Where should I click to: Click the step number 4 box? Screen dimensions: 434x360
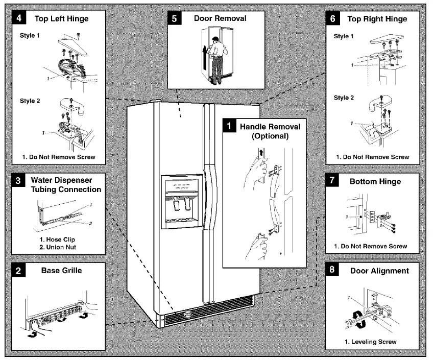click(x=19, y=18)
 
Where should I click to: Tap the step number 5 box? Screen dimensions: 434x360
click(x=175, y=18)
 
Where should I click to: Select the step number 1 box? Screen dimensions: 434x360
click(x=229, y=126)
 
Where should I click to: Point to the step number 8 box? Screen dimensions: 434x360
click(x=332, y=270)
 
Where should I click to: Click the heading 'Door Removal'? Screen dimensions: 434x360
click(x=220, y=18)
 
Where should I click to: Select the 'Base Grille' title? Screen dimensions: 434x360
click(x=61, y=270)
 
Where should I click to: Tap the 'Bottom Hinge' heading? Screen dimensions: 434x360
click(x=375, y=181)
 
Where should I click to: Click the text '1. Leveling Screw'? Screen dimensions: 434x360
click(x=371, y=342)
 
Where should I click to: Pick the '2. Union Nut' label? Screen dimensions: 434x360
click(x=58, y=247)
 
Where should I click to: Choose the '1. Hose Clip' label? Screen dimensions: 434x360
click(x=57, y=239)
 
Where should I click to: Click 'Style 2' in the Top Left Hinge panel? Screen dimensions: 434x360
click(x=30, y=101)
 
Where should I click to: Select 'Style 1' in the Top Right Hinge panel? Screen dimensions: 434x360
click(x=344, y=36)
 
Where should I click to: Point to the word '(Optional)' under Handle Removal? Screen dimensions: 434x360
click(x=270, y=136)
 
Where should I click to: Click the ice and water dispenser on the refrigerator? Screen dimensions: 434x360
click(x=182, y=202)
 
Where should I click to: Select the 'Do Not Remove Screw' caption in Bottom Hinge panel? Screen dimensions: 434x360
click(x=370, y=246)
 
